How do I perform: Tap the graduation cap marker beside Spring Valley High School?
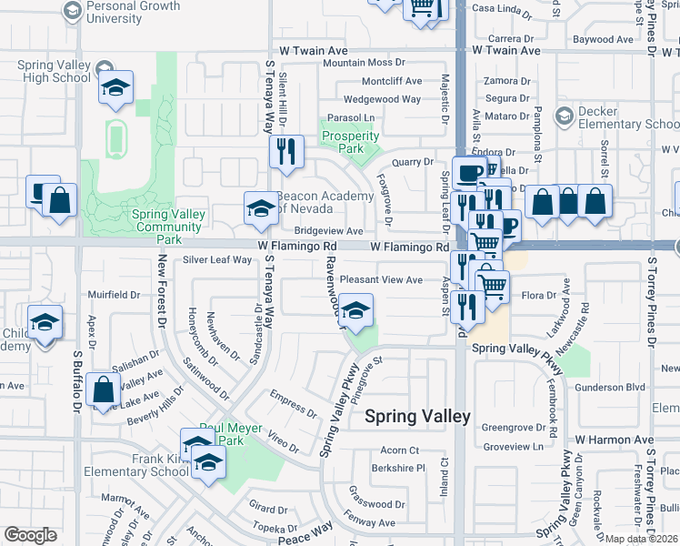pos(115,88)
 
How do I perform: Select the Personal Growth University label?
pos(133,12)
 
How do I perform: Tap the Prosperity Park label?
pos(350,143)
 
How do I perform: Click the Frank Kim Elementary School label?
pos(136,465)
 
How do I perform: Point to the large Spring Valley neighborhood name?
pos(417,417)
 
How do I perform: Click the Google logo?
pos(31,535)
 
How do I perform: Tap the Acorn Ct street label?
pos(399,450)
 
